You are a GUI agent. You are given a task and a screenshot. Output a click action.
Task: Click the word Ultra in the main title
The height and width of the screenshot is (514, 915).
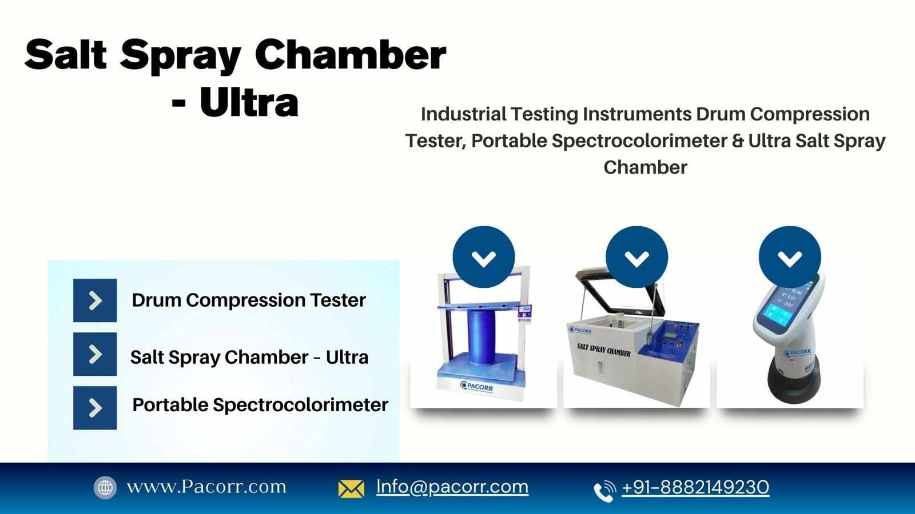[249, 102]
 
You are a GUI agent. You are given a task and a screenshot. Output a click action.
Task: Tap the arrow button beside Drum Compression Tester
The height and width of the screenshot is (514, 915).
[95, 300]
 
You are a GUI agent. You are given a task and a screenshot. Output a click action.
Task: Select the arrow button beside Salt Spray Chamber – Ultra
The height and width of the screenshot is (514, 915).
[95, 354]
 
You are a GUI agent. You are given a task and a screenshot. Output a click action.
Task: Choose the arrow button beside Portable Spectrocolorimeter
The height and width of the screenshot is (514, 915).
[95, 408]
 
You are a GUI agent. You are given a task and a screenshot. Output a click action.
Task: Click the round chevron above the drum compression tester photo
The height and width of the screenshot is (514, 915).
[484, 258]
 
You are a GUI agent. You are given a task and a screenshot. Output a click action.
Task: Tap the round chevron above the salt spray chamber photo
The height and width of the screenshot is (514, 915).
[637, 258]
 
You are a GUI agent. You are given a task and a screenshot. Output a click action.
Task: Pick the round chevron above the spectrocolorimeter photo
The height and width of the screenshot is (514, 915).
[790, 258]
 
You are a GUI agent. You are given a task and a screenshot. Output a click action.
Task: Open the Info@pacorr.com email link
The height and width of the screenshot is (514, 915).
[452, 487]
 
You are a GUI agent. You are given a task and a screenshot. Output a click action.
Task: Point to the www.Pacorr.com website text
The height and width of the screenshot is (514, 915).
[206, 487]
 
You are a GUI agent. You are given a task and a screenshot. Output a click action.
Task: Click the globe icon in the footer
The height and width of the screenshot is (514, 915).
[105, 488]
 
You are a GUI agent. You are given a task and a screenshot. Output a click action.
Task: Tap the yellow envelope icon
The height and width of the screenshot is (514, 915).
[351, 489]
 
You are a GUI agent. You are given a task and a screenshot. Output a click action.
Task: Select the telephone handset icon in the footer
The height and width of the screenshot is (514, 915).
[604, 491]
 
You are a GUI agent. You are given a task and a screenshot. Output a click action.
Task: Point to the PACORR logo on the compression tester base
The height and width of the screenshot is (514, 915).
[476, 386]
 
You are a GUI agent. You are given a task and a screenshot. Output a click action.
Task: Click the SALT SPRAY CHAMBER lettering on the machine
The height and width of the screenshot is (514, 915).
[603, 350]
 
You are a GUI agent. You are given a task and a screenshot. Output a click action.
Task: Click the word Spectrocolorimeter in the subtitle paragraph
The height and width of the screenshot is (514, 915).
[640, 140]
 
